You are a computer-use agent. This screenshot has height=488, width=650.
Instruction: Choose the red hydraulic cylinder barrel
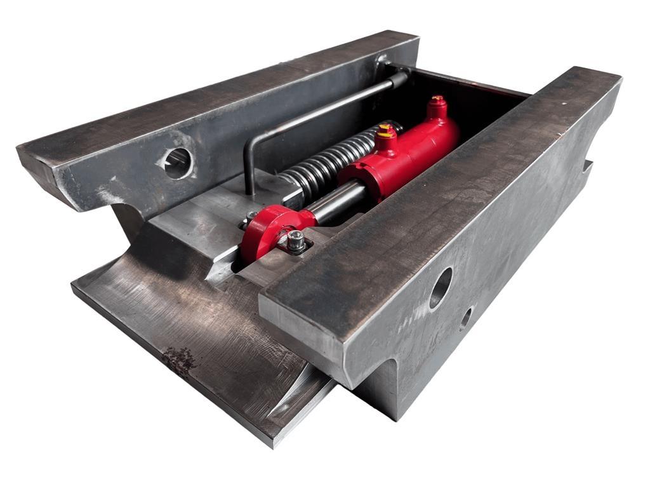click(x=406, y=152)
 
